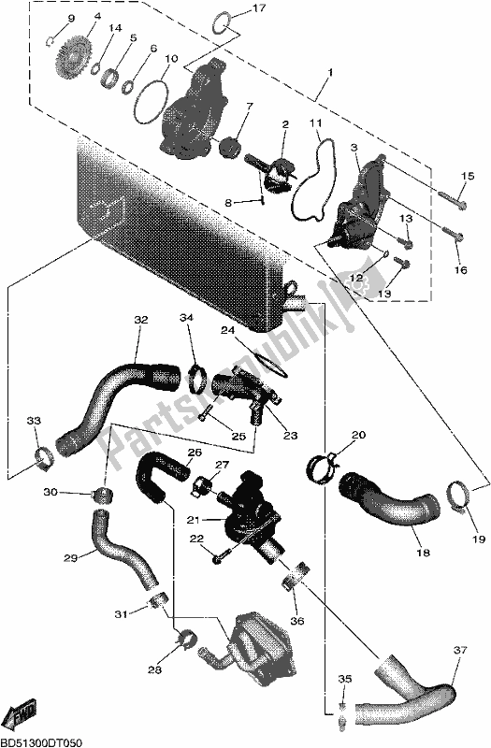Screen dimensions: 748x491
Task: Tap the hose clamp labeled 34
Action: click(195, 379)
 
